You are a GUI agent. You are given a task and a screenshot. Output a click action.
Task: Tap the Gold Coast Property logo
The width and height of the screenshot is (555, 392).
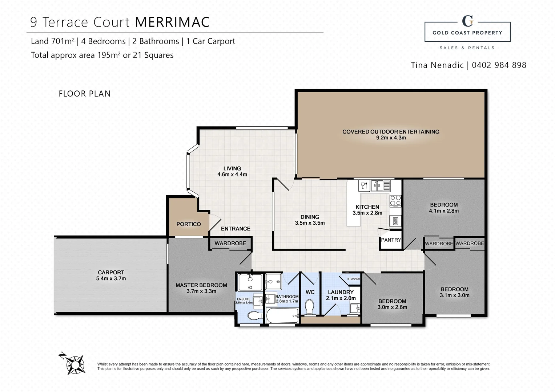pyautogui.click(x=467, y=32)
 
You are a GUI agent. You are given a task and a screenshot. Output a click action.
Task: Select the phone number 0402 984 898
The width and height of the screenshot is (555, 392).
pyautogui.click(x=499, y=65)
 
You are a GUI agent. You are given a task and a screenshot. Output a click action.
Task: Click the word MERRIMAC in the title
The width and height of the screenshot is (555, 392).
pyautogui.click(x=172, y=22)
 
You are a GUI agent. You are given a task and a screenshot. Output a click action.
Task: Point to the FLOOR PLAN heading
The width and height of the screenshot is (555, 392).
pyautogui.click(x=85, y=94)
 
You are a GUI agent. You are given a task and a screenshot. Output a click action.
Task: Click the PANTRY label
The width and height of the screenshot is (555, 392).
pyautogui.click(x=391, y=240)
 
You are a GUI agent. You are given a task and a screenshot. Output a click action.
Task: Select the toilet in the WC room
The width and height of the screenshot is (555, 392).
pyautogui.click(x=310, y=307)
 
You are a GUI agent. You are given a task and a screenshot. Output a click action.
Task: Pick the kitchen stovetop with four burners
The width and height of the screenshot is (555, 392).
pyautogui.click(x=395, y=201)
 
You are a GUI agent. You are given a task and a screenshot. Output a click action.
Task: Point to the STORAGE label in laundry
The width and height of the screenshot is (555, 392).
pyautogui.click(x=353, y=279)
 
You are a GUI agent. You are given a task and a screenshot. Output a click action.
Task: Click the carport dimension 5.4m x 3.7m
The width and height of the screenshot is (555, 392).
pyautogui.click(x=111, y=278)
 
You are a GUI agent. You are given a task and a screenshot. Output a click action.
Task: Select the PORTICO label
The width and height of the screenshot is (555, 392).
pyautogui.click(x=188, y=224)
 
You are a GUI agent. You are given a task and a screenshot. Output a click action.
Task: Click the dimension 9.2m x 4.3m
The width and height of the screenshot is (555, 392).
pyautogui.click(x=391, y=138)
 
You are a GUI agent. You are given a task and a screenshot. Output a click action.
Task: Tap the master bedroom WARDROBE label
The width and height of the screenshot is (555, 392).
pyautogui.click(x=230, y=243)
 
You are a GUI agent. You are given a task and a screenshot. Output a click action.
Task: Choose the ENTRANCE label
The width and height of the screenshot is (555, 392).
pyautogui.click(x=236, y=229)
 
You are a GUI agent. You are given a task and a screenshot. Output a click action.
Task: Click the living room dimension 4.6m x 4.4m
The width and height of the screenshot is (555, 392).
pyautogui.click(x=232, y=174)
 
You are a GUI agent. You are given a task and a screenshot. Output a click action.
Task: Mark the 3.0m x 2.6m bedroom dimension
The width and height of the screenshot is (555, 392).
pyautogui.click(x=392, y=307)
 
